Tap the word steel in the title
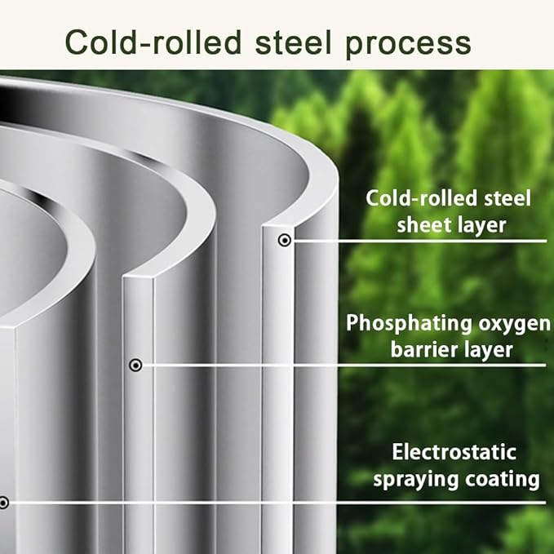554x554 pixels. click(x=294, y=42)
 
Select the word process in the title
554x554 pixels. click(x=409, y=45)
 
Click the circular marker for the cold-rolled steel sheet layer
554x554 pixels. click(x=285, y=240)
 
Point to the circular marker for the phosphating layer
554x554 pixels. click(x=135, y=365)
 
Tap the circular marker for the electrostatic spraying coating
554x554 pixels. click(x=3, y=503)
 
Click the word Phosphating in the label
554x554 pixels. click(x=409, y=324)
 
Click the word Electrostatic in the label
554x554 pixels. click(x=454, y=452)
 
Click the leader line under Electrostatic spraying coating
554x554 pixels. click(x=275, y=503)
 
